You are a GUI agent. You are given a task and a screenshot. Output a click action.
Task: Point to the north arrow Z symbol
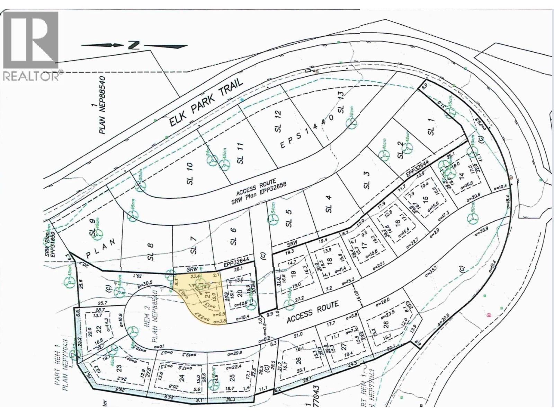[132, 45]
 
